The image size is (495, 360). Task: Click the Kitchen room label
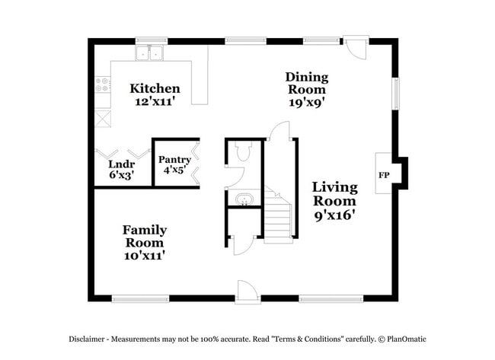[x=155, y=88]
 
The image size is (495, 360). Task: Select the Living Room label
[x=334, y=194]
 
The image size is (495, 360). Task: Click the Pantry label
[x=174, y=160]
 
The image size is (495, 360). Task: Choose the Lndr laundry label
[x=121, y=164]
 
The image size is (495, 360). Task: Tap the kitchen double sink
[x=151, y=53]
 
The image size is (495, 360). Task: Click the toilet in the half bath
[x=244, y=152]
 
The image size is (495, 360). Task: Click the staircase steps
[x=279, y=217]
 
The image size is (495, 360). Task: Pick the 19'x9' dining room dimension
[x=307, y=103]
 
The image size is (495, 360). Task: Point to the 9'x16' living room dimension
[x=334, y=215]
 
